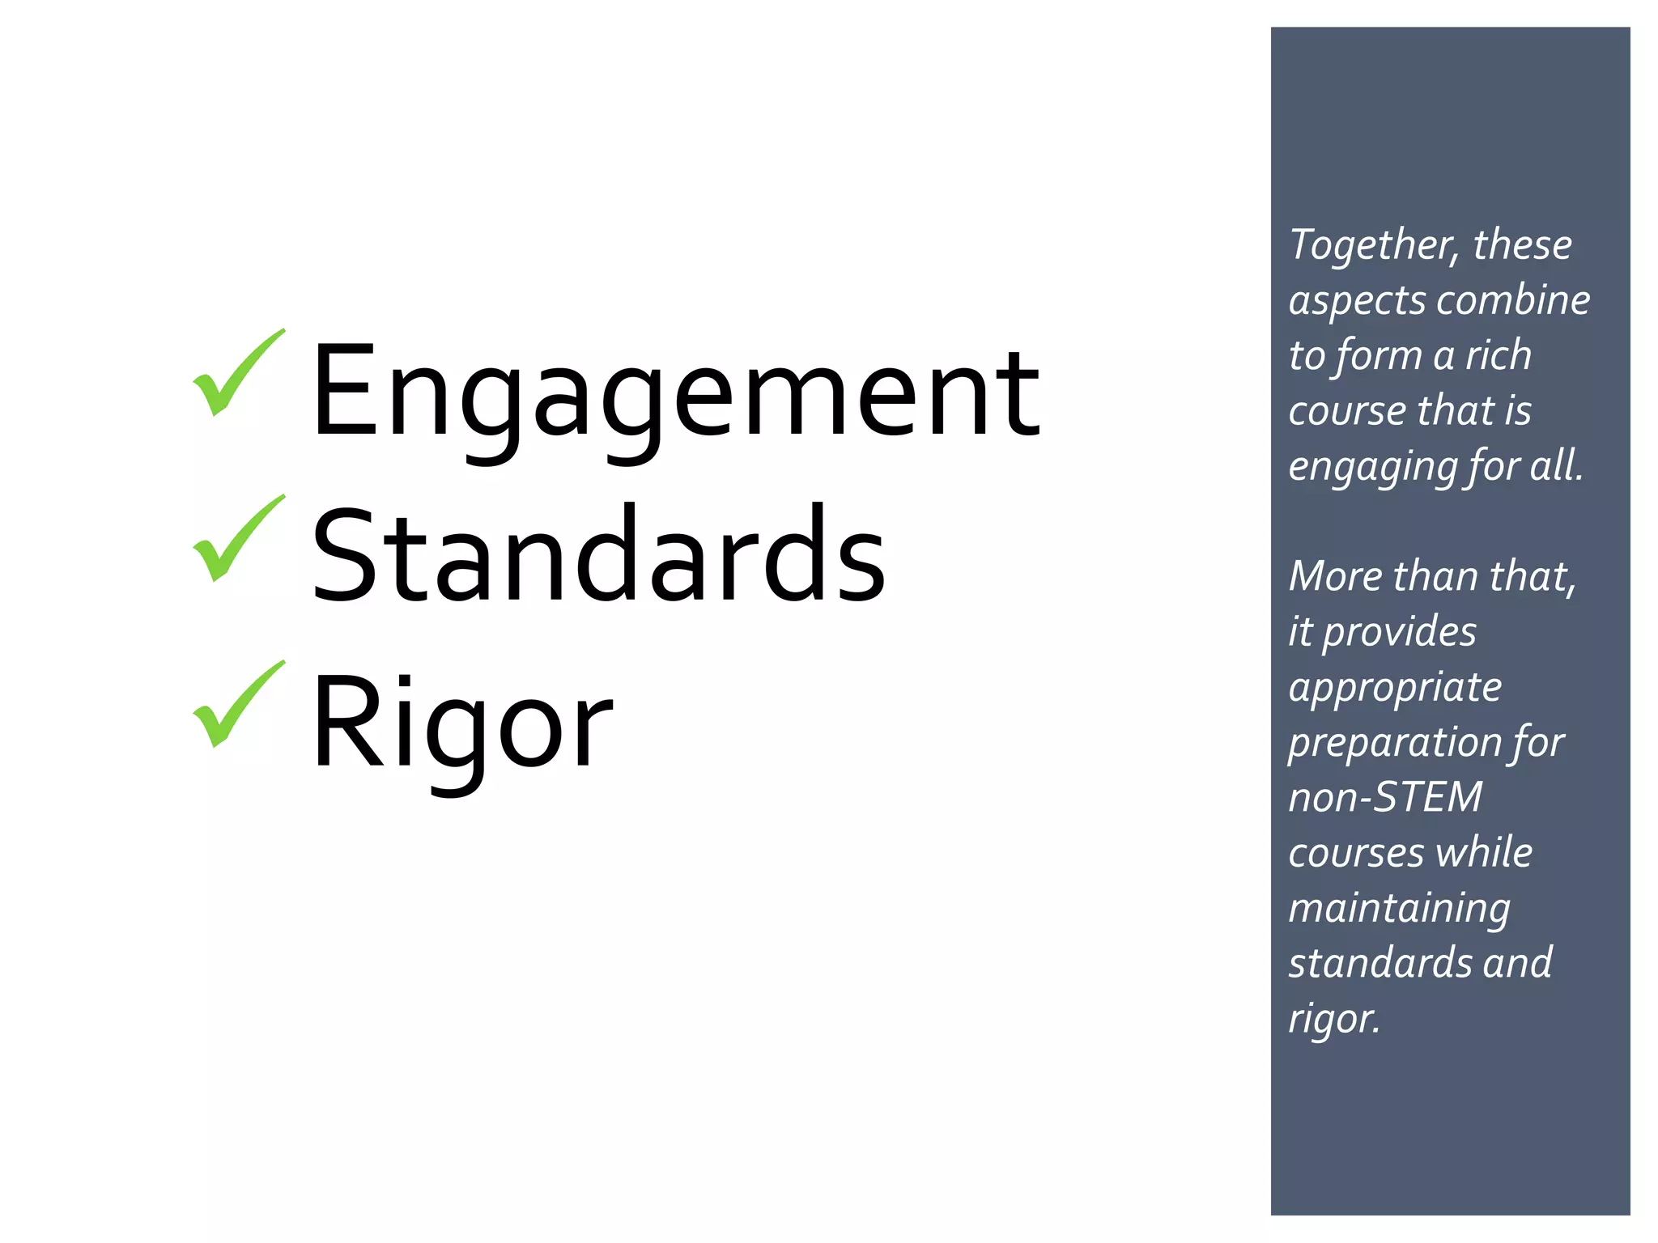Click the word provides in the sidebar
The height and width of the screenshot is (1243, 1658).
point(1399,633)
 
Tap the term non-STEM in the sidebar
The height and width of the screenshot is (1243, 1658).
point(1385,797)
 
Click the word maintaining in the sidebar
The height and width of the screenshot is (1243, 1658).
point(1399,909)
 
